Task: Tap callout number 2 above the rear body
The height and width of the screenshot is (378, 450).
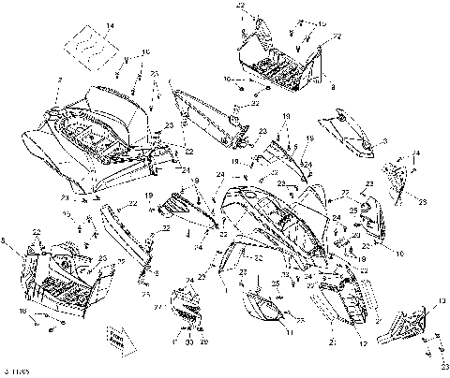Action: click(x=59, y=81)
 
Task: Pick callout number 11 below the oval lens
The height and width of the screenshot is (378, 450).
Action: click(x=289, y=332)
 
